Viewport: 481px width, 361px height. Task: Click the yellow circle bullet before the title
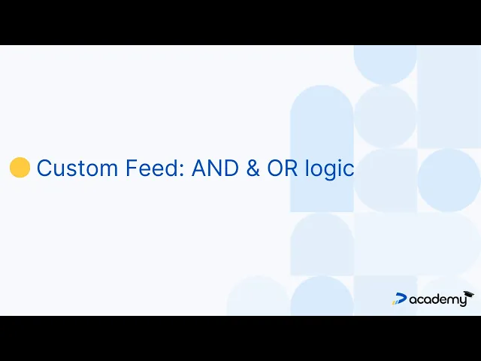[x=20, y=167]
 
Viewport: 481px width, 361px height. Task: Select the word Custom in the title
[x=77, y=168]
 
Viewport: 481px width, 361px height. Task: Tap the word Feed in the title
[x=152, y=168]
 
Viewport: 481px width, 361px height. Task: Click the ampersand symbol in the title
[x=253, y=168]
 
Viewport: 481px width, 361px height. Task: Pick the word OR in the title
[x=283, y=168]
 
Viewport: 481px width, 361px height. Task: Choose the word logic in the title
[x=330, y=169]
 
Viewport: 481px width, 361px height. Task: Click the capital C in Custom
[x=44, y=168]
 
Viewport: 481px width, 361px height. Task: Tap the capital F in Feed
[x=132, y=168]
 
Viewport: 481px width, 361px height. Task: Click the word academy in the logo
[x=437, y=299]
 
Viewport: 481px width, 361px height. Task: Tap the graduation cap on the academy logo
[x=469, y=293]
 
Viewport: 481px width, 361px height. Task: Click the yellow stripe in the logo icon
[x=393, y=302]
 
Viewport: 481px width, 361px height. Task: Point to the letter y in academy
[x=462, y=301]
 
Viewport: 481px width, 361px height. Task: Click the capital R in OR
[x=292, y=168]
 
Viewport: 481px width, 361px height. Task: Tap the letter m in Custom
[x=109, y=171]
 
